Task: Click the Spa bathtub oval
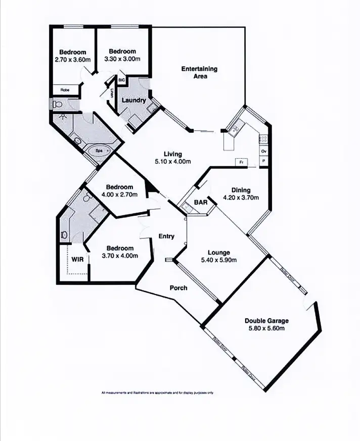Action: pos(100,150)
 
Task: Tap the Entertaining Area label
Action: pos(199,72)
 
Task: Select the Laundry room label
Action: pos(134,100)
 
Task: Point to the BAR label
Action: pos(201,203)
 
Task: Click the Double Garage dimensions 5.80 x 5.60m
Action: pos(266,328)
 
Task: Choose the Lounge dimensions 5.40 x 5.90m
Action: pos(219,261)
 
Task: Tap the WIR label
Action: pos(77,259)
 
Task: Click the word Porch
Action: pos(178,288)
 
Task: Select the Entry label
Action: pos(166,236)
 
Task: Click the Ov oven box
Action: pos(263,151)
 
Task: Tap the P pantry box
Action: pos(263,161)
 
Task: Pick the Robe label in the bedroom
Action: pos(65,90)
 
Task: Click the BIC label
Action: pos(121,80)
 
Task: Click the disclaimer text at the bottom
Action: pos(158,393)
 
